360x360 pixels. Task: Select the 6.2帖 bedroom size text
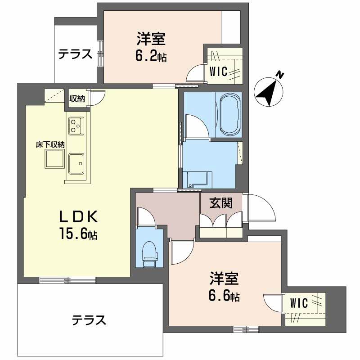click(151, 57)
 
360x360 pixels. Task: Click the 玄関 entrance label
click(221, 203)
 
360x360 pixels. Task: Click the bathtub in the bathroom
click(229, 114)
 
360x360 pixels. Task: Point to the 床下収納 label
click(50, 145)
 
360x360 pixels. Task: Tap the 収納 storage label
click(77, 99)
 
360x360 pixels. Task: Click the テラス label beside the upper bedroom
click(75, 54)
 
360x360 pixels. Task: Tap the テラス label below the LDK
click(89, 320)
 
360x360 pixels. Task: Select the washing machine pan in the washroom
click(197, 179)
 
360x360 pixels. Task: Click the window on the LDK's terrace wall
click(67, 280)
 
